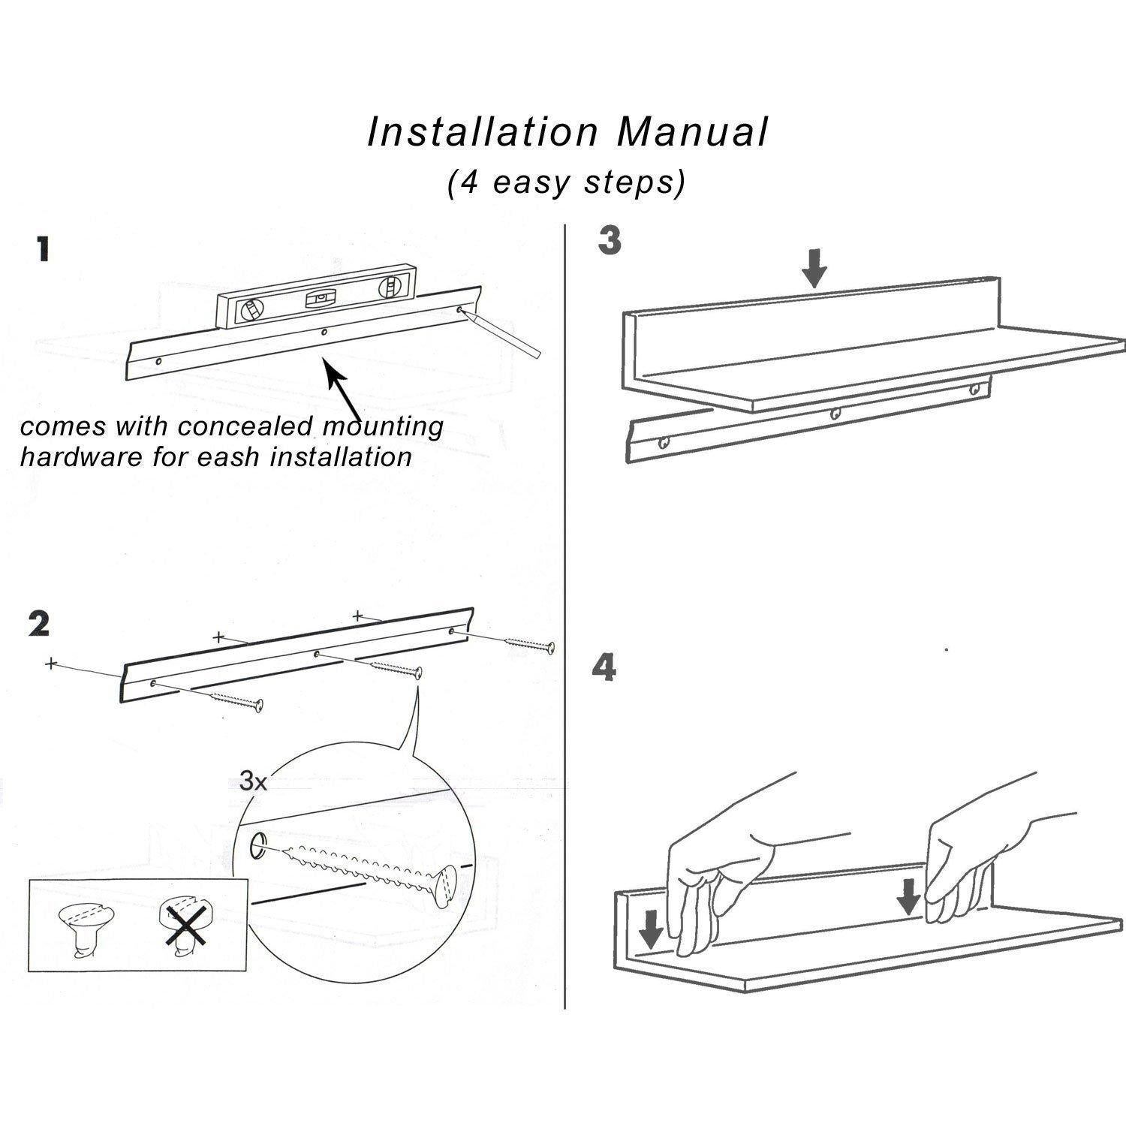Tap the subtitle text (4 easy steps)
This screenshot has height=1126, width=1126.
tap(566, 182)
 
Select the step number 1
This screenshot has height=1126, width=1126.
tap(44, 249)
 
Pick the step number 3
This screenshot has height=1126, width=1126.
tap(610, 241)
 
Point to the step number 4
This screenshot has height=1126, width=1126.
tap(604, 667)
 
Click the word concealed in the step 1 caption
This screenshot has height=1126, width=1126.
tap(242, 427)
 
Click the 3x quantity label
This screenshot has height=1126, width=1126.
tap(253, 781)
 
